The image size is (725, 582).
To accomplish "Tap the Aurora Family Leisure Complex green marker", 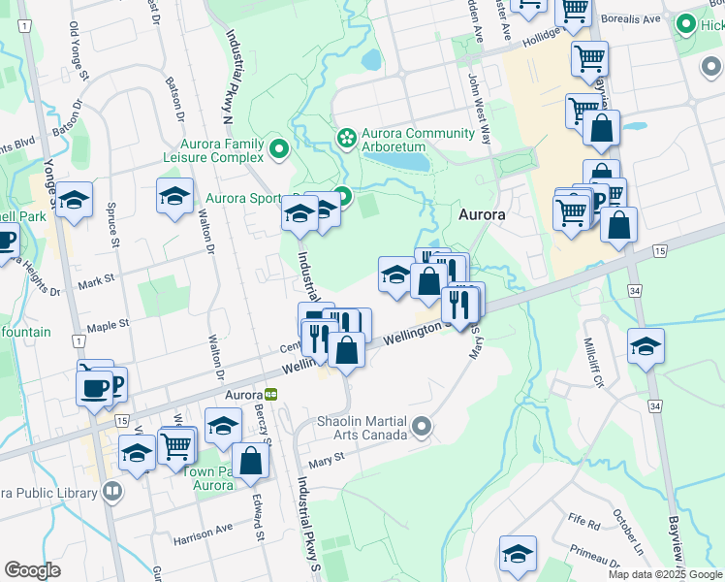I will [279, 149].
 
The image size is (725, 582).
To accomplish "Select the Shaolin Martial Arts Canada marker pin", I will [421, 426].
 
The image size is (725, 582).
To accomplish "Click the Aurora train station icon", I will [271, 395].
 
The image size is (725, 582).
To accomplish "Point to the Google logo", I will [32, 570].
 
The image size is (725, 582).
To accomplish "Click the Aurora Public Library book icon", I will [112, 492].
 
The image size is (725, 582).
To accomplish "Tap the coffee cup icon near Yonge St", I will [95, 388].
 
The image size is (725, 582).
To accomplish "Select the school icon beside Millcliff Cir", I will [646, 346].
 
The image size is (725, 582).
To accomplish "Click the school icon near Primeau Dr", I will [519, 554].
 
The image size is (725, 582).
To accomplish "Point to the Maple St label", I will [108, 326].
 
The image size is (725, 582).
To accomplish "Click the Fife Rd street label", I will [584, 523].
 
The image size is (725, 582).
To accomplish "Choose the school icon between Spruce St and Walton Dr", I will [174, 196].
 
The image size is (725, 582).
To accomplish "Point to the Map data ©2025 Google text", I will [665, 574].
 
